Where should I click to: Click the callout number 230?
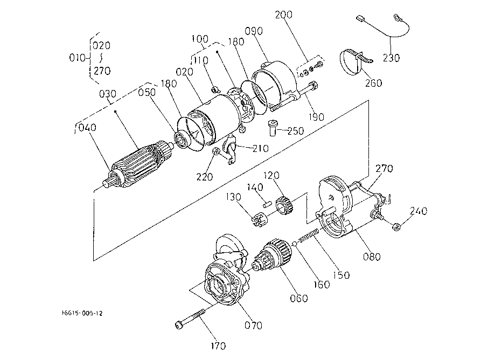[x=391, y=58]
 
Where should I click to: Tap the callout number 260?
[x=373, y=83]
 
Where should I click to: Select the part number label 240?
[x=419, y=211]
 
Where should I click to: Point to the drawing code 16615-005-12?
[x=82, y=313]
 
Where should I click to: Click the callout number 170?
[x=219, y=346]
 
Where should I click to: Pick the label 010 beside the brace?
[x=78, y=58]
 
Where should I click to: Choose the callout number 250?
[x=296, y=131]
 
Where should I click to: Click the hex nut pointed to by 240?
[x=396, y=226]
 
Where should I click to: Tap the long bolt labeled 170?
[x=190, y=319]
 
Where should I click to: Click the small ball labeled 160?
[x=294, y=243]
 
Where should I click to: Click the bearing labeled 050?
[x=182, y=140]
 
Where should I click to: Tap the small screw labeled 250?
[x=273, y=128]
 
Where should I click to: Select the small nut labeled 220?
[x=216, y=151]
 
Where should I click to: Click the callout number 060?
[x=298, y=298]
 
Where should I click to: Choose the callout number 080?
[x=372, y=257]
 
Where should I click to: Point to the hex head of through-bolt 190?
[x=312, y=86]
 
